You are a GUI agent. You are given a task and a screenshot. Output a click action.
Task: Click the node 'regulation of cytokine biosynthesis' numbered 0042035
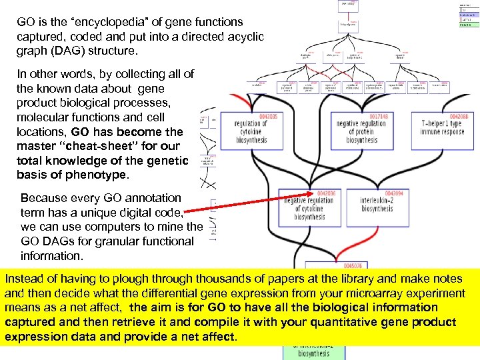coord(251,131)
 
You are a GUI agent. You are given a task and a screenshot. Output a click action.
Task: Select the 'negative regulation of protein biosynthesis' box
coord(361,131)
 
